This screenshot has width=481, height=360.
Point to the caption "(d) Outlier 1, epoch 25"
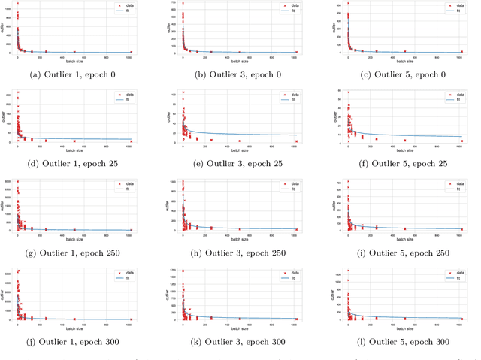[75, 163]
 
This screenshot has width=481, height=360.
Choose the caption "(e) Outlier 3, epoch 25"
[240, 163]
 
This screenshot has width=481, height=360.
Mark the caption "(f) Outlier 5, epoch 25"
[404, 163]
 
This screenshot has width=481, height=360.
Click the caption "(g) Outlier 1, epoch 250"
[75, 253]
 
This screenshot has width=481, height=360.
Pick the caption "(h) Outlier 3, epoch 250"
[240, 253]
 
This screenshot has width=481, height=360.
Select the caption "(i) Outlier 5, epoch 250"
[404, 253]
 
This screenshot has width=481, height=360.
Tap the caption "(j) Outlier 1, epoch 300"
[75, 342]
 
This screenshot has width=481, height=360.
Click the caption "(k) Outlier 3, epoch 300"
[240, 342]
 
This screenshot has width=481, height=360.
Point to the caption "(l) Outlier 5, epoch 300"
[404, 342]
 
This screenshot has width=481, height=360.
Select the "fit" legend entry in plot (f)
[453, 99]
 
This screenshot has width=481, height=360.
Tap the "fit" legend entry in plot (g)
[124, 188]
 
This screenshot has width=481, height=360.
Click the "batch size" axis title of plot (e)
[240, 150]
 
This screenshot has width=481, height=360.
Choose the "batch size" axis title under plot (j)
[75, 328]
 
